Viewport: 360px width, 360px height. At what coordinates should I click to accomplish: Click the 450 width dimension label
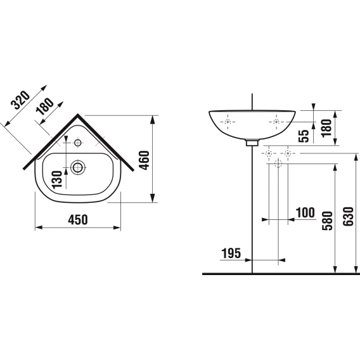point(78,220)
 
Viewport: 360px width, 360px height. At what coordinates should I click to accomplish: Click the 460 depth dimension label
point(145,160)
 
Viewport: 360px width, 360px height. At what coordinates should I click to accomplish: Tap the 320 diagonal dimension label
point(21,100)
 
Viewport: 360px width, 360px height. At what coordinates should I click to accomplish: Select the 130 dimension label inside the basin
point(57,179)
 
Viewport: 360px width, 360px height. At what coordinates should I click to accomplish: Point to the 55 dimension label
point(304,136)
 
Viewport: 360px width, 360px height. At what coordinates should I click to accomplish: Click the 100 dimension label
point(305,212)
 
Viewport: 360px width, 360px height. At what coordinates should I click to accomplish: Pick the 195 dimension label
point(231,254)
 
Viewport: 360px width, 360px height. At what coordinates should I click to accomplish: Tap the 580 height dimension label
point(327,221)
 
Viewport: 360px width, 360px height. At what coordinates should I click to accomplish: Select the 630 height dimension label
point(348,217)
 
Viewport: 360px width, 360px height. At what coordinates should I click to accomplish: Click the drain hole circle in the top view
point(78,167)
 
